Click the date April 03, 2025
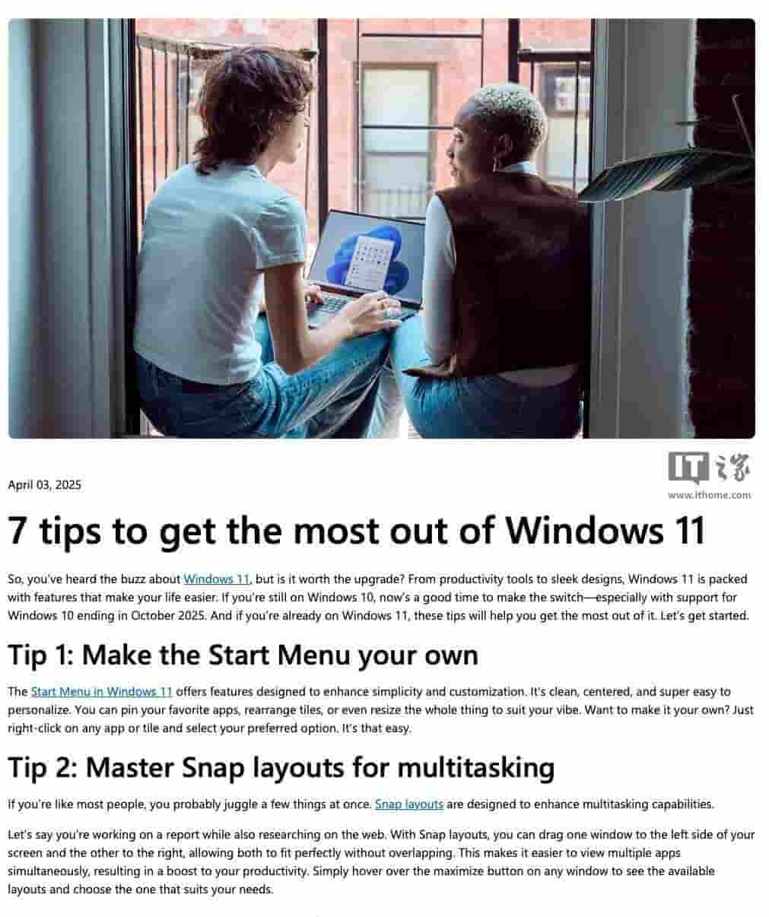tap(44, 485)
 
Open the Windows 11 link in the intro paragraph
tap(217, 579)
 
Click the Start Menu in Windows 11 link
tap(101, 691)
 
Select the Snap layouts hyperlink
tap(409, 804)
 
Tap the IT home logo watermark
tap(709, 468)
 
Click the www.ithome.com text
tap(709, 495)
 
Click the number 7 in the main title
tap(17, 531)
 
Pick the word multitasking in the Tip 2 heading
tap(475, 769)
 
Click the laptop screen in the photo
tap(366, 254)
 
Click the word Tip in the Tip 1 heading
tap(27, 655)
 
